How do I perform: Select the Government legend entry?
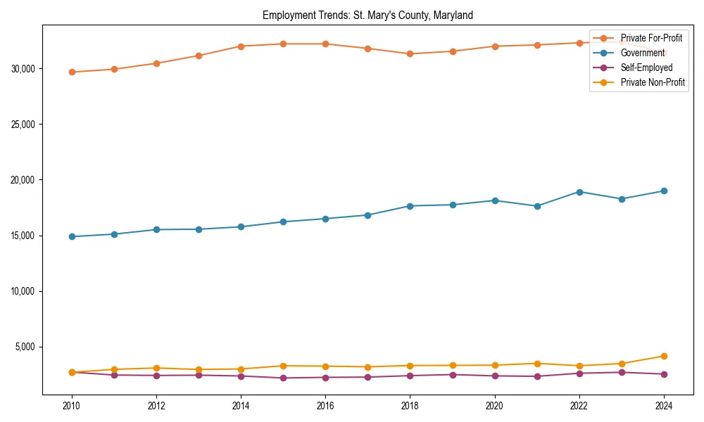(x=642, y=53)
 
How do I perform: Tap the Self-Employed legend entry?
(x=646, y=68)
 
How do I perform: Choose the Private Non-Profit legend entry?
(x=653, y=82)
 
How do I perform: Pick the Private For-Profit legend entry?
(x=651, y=38)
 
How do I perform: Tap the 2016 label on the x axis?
(x=325, y=406)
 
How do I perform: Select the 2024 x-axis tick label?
(x=664, y=406)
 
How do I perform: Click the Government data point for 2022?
(x=579, y=192)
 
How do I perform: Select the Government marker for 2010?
(x=72, y=236)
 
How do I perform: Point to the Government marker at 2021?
(x=537, y=206)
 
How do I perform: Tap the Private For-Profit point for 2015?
(x=283, y=44)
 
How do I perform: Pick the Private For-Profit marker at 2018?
(x=410, y=53)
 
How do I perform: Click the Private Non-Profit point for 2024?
(x=664, y=356)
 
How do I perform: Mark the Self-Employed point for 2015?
(x=283, y=378)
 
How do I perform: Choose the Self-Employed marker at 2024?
(x=664, y=374)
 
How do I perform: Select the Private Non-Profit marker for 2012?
(x=156, y=368)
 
